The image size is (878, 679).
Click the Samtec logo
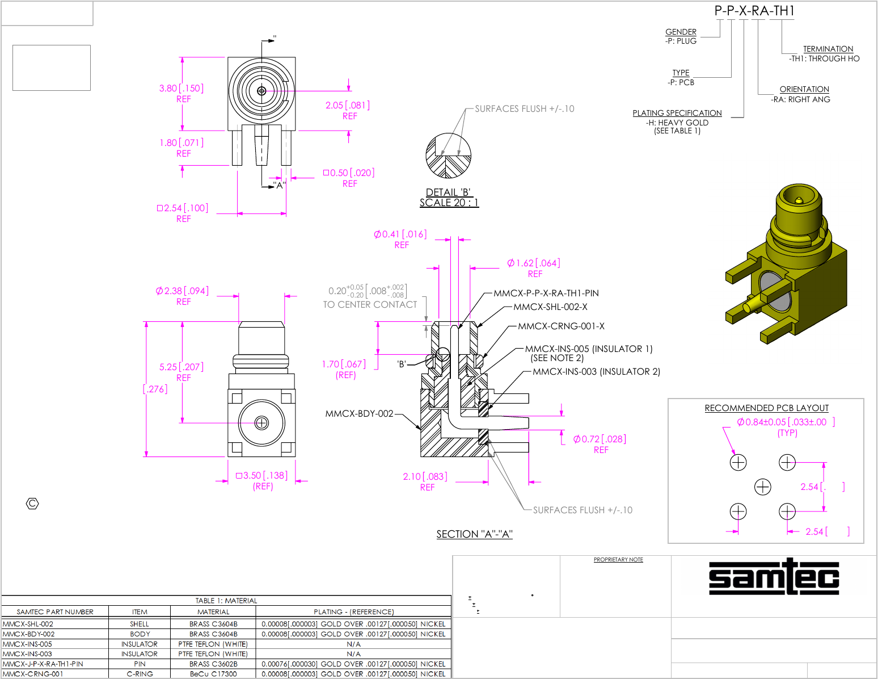(774, 577)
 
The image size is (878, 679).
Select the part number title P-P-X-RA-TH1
(754, 11)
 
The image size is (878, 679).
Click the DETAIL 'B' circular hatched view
(448, 156)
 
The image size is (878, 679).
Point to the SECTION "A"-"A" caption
(474, 534)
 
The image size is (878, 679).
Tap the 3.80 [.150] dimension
(181, 88)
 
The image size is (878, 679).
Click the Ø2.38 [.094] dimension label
(182, 291)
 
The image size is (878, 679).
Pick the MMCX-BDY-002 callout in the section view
(359, 413)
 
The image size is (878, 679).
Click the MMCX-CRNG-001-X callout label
(561, 326)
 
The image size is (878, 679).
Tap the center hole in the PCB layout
(763, 487)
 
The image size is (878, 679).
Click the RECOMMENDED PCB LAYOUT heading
(766, 408)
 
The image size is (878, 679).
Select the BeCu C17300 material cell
(213, 674)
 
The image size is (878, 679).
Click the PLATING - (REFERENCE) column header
(353, 612)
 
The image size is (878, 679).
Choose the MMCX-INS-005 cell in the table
(28, 644)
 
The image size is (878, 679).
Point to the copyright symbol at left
(33, 504)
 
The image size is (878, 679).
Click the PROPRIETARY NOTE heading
(618, 560)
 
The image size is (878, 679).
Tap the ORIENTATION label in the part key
(804, 89)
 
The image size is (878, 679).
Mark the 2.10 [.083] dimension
(425, 476)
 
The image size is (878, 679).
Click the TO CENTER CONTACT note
(370, 305)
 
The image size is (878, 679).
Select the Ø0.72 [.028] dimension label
(600, 439)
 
